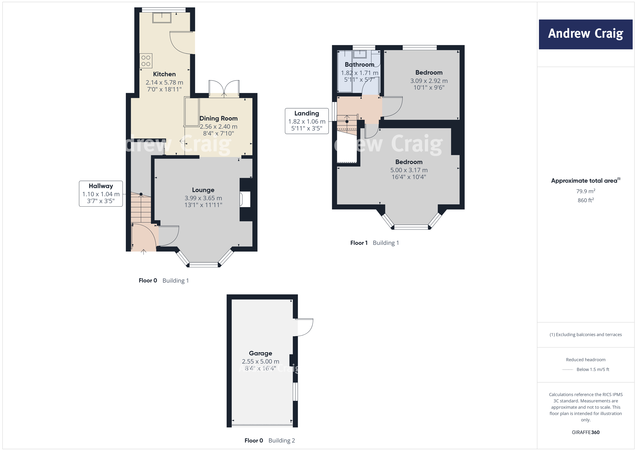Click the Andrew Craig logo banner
585,34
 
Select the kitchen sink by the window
162,18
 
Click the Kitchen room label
164,74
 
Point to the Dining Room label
219,118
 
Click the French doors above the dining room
224,88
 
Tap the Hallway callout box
101,194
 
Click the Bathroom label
359,64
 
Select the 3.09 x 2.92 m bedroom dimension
429,81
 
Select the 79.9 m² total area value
585,191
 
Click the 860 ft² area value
585,200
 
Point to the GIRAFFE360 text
585,432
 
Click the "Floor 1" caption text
359,243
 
